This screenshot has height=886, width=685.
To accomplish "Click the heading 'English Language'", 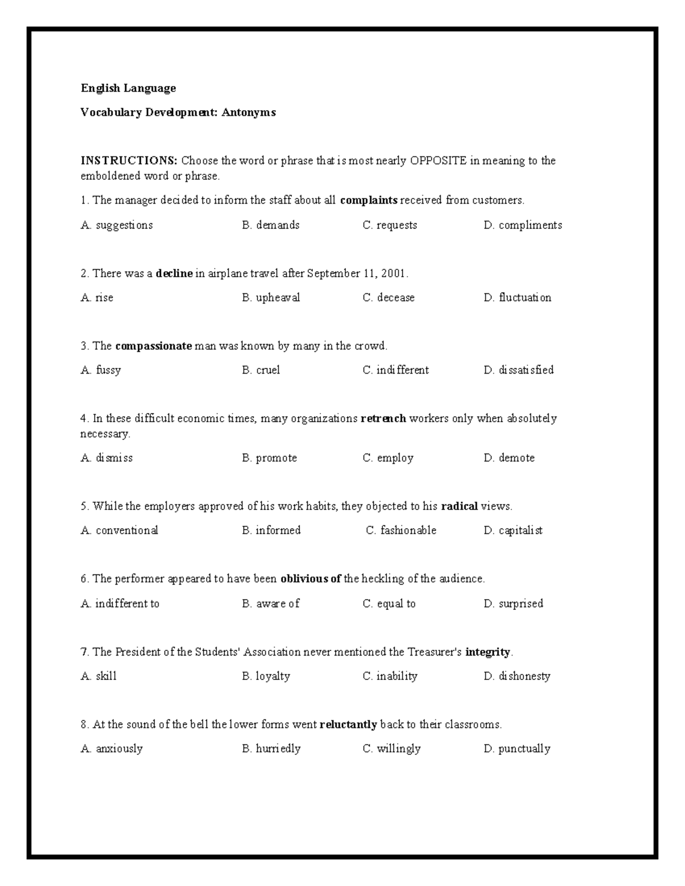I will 128,88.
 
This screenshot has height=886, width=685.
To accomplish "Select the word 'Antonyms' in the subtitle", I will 249,112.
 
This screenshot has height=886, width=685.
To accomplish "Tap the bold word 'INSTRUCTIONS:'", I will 129,160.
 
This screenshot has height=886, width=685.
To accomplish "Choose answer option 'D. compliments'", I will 522,225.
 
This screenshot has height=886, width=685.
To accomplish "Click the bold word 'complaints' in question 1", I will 368,200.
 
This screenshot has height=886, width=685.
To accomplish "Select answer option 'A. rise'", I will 97,298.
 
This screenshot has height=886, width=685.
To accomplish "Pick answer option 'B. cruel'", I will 261,370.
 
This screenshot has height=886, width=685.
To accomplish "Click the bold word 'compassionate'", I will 153,346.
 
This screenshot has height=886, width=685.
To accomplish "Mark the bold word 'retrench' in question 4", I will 383,419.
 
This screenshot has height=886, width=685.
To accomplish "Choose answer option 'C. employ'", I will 388,458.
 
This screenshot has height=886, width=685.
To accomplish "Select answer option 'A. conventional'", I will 119,531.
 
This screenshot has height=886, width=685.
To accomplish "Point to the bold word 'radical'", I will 460,507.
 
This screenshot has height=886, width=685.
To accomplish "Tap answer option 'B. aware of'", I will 271,604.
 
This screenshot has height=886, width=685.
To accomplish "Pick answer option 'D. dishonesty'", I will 517,676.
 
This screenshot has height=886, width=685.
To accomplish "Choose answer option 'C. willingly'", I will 392,749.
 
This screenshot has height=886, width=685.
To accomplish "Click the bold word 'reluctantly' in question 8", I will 348,725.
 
